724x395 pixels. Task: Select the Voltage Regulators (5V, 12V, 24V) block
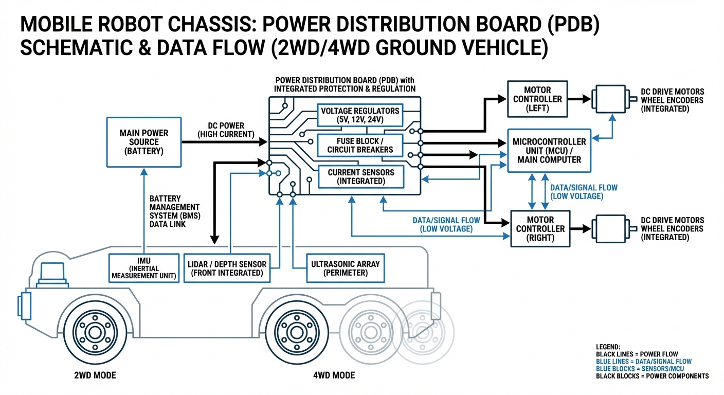point(359,115)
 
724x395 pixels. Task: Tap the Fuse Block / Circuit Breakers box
point(359,145)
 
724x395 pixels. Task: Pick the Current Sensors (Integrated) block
point(359,176)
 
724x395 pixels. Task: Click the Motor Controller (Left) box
point(537,99)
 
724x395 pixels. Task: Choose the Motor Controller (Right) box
point(540,228)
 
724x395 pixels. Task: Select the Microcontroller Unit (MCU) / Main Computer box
point(549,150)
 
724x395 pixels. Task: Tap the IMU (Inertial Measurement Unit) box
point(144,268)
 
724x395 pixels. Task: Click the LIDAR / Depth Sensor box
point(227,268)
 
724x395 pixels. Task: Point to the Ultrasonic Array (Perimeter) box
point(345,268)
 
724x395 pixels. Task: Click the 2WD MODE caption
point(95,375)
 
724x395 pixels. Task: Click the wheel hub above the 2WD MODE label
point(95,332)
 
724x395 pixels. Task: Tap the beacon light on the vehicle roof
point(55,273)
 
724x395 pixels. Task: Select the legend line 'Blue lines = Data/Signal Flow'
point(643,362)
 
